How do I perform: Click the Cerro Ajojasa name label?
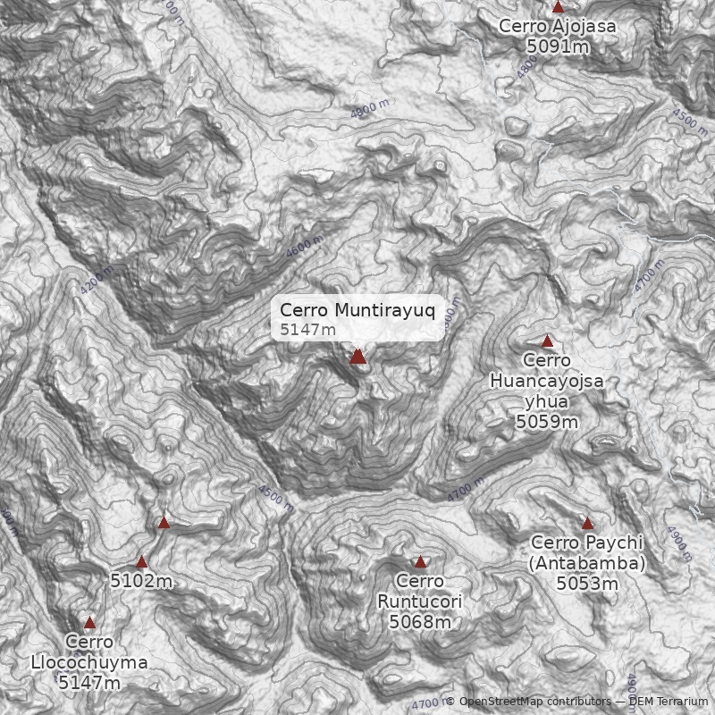pos(558,26)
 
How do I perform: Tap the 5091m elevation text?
pos(558,46)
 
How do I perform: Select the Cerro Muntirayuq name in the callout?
pos(357,310)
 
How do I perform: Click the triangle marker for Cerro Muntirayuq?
pos(357,357)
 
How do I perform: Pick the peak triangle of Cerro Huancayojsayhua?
pos(547,341)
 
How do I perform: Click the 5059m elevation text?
pos(547,421)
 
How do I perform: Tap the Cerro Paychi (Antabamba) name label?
pos(587,553)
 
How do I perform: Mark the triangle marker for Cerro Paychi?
pos(587,524)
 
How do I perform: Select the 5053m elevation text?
pos(587,584)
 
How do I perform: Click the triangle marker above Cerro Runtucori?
pos(420,562)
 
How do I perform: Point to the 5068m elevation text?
pos(420,621)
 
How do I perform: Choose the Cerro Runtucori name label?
pos(420,592)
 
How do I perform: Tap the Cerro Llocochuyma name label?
pos(89,652)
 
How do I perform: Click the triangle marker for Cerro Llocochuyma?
pos(89,623)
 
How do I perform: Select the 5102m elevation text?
pos(141,581)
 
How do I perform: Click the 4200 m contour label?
pos(97,281)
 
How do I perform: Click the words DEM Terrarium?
pos(668,702)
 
